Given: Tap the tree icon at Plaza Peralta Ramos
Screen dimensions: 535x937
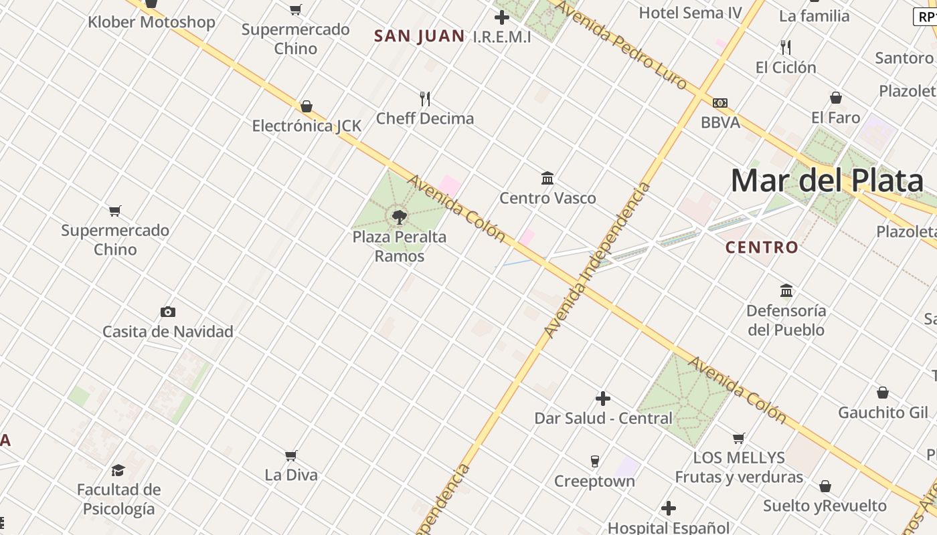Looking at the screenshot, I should tap(400, 217).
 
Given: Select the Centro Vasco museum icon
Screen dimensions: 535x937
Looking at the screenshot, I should tap(547, 179).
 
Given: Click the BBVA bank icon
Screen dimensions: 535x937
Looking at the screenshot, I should tap(720, 103).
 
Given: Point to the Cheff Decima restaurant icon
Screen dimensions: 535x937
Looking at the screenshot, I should tap(425, 99).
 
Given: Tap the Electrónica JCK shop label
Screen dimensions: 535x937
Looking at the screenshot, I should tap(307, 126).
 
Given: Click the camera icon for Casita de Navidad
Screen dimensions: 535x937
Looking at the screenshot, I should tap(168, 312).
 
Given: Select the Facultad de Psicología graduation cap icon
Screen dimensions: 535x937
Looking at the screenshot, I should tap(118, 470).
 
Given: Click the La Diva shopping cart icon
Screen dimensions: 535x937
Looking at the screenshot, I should tap(291, 455).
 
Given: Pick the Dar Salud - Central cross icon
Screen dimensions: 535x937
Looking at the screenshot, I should tap(603, 399).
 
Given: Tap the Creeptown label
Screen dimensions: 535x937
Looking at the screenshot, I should tap(594, 481).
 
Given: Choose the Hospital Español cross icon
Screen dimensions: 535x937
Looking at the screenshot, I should tap(669, 508).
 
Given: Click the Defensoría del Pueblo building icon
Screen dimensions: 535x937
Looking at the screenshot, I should tap(786, 291).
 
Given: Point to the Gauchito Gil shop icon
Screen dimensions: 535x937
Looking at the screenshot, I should tap(883, 393).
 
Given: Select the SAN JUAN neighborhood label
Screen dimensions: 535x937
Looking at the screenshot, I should tap(419, 36).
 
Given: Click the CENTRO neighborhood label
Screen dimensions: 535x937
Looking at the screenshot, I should tap(762, 247).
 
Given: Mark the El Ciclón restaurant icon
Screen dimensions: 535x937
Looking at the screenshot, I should tap(786, 47).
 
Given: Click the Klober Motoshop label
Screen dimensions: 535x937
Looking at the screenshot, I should tap(151, 22).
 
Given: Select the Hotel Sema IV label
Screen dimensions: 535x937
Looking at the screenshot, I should tap(690, 13).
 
